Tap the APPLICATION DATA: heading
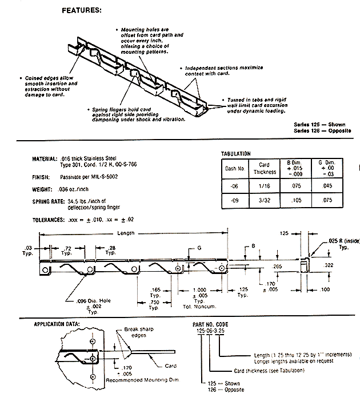click(56, 324)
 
